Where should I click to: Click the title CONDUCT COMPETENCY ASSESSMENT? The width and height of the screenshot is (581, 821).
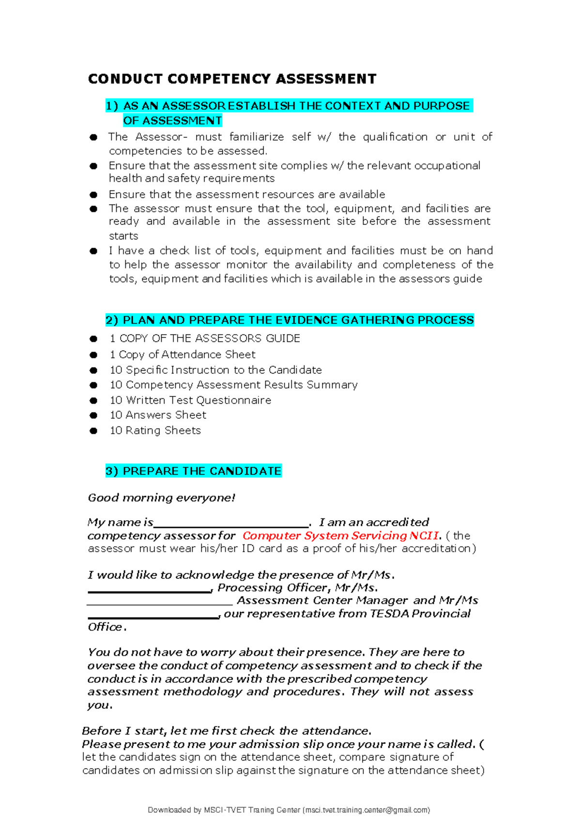pos(232,79)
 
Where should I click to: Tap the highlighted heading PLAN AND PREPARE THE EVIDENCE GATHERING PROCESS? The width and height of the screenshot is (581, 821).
pos(290,320)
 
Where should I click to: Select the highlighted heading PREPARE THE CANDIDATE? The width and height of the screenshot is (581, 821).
pos(194,471)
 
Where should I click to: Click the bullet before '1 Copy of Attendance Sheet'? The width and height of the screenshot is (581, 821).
pos(93,355)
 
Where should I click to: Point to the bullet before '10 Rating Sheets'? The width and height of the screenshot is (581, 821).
pos(93,431)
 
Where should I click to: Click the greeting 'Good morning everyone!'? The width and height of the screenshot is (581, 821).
pos(161,498)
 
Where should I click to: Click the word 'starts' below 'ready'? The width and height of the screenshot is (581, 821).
pos(123,236)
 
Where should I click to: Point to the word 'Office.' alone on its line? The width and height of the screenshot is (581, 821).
pos(107,627)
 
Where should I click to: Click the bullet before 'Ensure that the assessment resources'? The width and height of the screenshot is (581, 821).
pos(93,195)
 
